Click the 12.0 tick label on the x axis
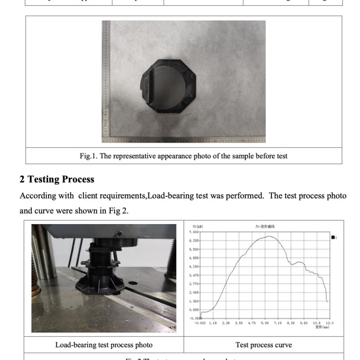click(330, 323)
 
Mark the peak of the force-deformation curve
click(269, 236)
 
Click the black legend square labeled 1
click(333, 237)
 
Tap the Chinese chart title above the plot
click(262, 227)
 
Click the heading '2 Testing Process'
click(57, 179)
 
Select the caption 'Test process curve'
click(264, 345)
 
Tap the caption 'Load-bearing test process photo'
click(103, 345)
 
